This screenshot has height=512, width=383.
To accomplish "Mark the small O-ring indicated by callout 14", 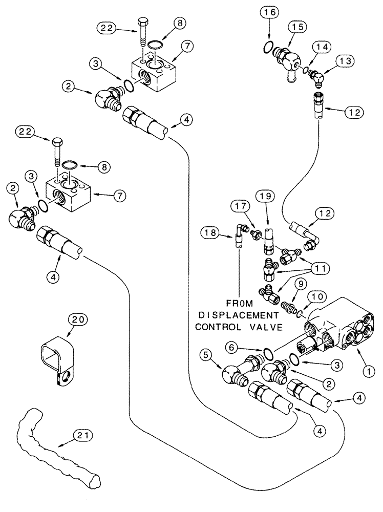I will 305,70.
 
